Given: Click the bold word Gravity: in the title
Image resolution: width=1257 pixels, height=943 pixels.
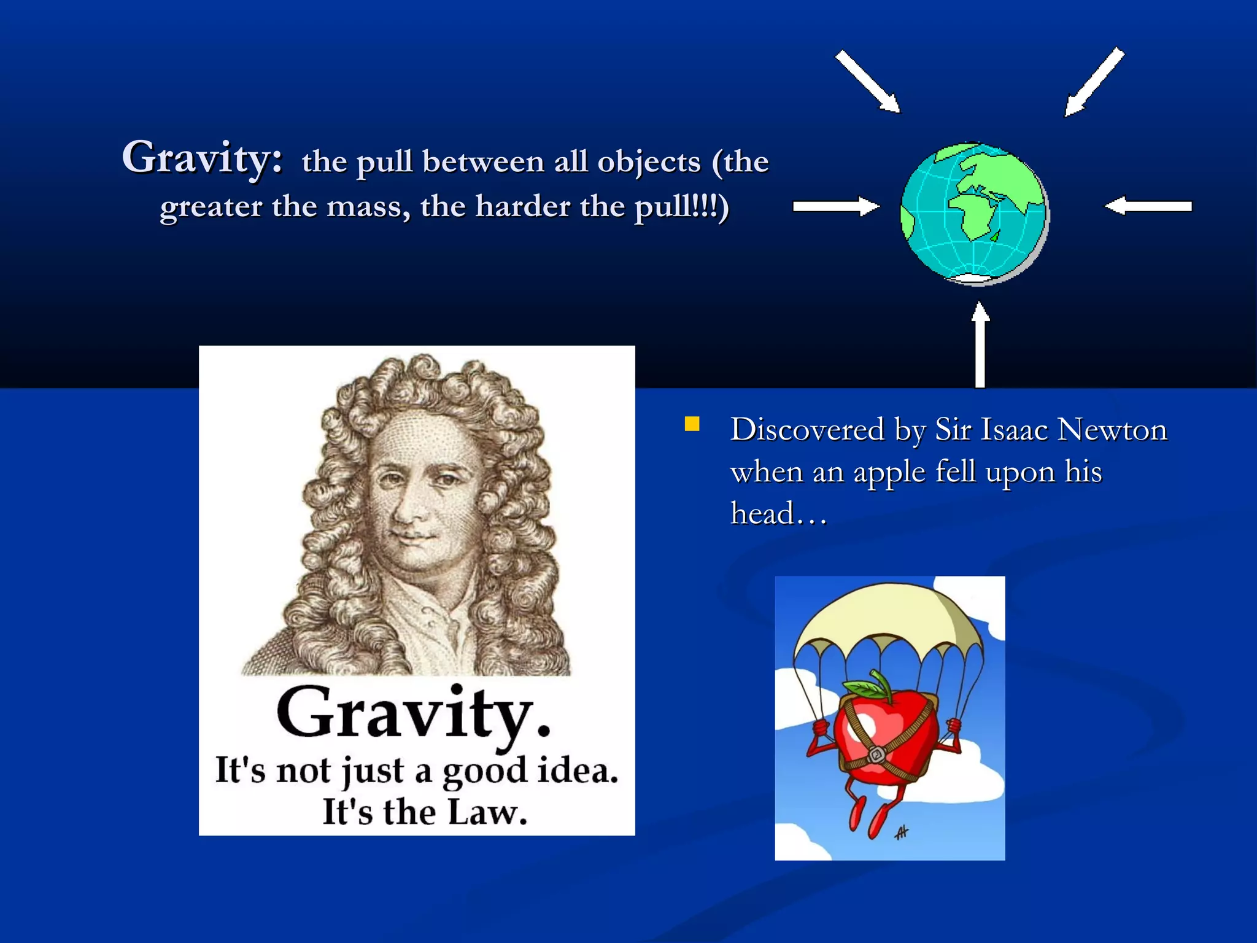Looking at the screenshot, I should [203, 158].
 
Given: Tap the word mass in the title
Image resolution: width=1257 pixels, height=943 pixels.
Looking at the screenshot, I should [367, 206].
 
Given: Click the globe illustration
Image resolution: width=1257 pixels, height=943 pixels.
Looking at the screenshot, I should [974, 214].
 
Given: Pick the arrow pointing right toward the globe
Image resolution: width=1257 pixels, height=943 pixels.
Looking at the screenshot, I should [835, 207].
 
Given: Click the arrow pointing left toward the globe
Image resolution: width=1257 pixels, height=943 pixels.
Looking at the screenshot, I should [1148, 207].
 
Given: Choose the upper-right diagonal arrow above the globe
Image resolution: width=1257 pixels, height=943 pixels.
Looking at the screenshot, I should [1095, 82].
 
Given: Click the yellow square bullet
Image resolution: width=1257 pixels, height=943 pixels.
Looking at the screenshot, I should [692, 424].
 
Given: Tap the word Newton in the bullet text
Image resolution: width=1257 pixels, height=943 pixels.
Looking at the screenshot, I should [1112, 430].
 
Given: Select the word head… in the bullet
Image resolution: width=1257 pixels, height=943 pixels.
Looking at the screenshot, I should [778, 514].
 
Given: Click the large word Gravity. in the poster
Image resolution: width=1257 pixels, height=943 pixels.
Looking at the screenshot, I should [413, 713].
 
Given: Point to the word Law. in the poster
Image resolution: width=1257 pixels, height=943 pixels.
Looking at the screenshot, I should [487, 813].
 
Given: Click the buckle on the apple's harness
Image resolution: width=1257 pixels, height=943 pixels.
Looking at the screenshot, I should [876, 754].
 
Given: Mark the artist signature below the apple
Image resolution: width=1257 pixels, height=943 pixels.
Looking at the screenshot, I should [902, 832].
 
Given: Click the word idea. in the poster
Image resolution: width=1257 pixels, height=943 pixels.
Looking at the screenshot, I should [577, 770].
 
